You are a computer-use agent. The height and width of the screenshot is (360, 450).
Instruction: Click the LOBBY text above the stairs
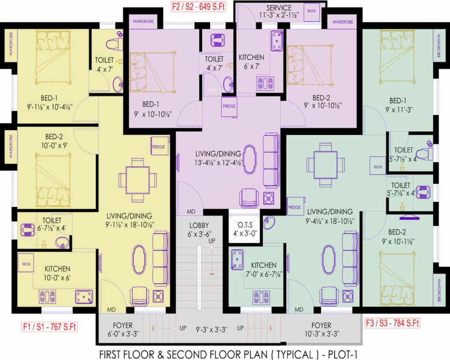tap(199, 225)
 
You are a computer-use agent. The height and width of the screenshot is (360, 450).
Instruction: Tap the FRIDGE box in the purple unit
tap(229, 106)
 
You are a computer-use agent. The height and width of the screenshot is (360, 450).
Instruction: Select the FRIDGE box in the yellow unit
tap(158, 147)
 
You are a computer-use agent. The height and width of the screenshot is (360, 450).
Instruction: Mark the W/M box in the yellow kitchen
tap(26, 264)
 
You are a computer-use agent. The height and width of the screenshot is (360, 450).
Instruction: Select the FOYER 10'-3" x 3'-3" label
tap(321, 329)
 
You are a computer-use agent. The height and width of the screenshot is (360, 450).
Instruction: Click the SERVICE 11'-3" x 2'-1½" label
tap(278, 11)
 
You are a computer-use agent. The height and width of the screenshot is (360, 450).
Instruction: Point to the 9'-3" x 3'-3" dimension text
tap(211, 329)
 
